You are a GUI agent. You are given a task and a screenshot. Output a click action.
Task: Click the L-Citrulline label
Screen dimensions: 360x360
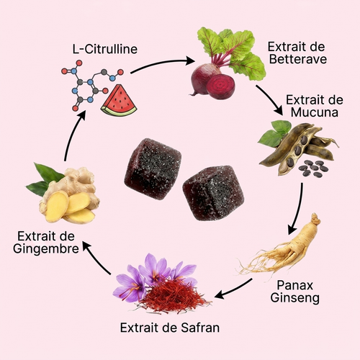click(105, 49)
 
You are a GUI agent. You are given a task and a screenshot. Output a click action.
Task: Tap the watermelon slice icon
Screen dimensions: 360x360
click(119, 101)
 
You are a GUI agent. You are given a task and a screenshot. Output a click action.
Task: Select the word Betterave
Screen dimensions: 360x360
click(298, 59)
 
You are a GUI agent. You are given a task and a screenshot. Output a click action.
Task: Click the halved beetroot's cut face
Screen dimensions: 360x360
click(221, 86)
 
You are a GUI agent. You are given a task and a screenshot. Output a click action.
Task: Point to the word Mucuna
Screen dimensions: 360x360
click(315, 112)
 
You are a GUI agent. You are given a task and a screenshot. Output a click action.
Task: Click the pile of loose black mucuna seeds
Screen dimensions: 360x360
click(313, 167)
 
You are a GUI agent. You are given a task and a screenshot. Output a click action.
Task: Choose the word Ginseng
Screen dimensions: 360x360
click(295, 298)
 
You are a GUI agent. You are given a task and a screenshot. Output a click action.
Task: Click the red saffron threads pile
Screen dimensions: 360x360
click(173, 294)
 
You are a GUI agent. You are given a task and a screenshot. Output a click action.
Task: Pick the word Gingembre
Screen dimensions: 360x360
click(46, 248)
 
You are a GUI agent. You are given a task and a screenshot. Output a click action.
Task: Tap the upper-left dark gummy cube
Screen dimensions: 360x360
click(153, 168)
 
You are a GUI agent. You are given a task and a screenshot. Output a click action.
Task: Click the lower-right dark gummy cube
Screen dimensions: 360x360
click(213, 193)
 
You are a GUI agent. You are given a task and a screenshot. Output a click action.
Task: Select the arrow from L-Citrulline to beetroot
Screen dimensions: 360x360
click(161, 64)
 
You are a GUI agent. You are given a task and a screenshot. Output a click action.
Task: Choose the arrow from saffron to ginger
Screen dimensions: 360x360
click(96, 257)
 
